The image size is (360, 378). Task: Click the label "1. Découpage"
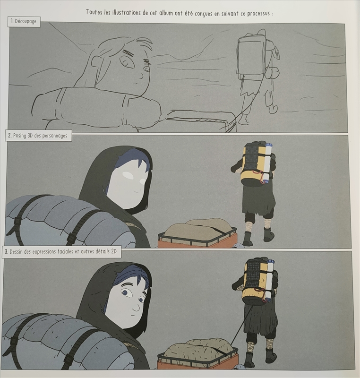tap(23, 21)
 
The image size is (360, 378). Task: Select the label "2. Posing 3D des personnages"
tap(37, 136)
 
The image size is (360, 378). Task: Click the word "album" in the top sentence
tap(166, 13)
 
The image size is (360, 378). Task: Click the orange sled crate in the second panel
tap(197, 238)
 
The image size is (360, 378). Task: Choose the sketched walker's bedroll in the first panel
tap(273, 72)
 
